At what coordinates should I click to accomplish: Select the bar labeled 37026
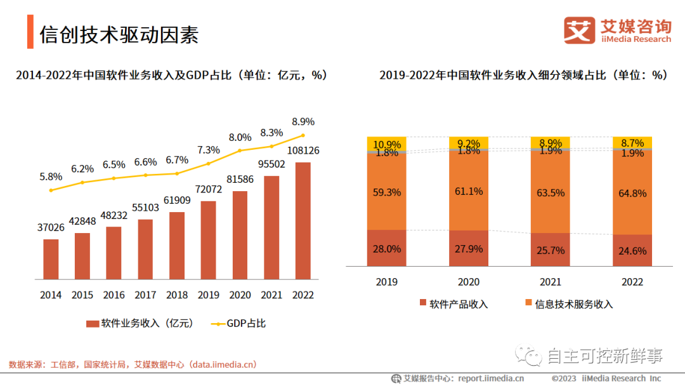pos(51,259)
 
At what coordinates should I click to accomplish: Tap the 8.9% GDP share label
pos(303,121)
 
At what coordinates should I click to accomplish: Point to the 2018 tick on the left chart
pos(177,295)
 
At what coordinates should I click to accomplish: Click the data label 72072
pos(208,190)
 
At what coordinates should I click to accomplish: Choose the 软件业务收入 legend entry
pos(139,323)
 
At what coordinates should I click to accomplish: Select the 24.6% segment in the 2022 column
pos(633,251)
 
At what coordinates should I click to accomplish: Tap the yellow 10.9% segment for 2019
pos(387,143)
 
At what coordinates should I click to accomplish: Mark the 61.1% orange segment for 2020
pos(469,190)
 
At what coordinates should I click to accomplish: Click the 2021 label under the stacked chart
pos(551,282)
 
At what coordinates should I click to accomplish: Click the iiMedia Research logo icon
pos(580,30)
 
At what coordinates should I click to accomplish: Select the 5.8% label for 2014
pos(51,177)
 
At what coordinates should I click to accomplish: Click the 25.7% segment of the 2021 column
pos(551,250)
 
